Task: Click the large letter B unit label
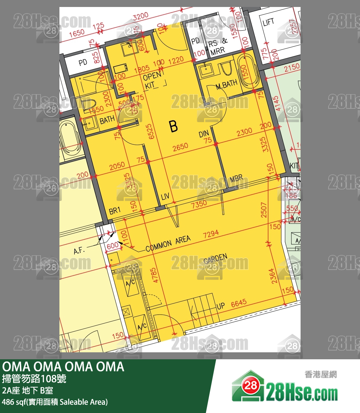coord(173,126)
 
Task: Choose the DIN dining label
coord(204,134)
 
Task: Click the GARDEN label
coord(216,259)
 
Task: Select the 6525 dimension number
coord(150,132)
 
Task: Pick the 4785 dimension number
coord(155,275)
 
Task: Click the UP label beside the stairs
coord(221,306)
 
